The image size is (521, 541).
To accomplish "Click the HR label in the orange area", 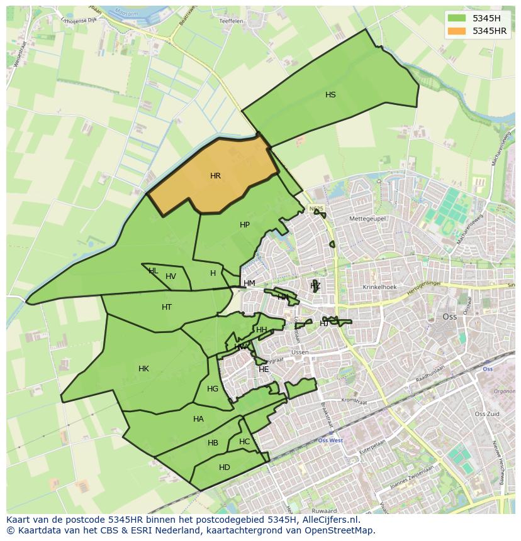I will click(215, 176).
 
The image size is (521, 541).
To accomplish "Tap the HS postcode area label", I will click(330, 95).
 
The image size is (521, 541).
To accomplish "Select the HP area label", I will click(245, 225).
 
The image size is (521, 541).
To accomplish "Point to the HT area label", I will click(167, 307).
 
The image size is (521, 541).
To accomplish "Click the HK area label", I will click(143, 369).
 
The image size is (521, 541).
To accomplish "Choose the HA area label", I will click(198, 419).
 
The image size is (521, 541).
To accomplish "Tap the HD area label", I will click(225, 467).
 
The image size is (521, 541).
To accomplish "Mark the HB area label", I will click(213, 443).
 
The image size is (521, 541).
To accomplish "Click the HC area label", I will click(244, 442).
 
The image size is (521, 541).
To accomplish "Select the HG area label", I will click(213, 389).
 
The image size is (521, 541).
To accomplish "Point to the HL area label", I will click(153, 271).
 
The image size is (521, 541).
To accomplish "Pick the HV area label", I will click(171, 276).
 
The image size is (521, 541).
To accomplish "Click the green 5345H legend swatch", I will click(457, 19).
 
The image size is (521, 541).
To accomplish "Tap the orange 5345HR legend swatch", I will click(457, 31).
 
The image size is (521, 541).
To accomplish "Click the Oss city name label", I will click(449, 317).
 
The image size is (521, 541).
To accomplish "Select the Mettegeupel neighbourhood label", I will click(367, 219).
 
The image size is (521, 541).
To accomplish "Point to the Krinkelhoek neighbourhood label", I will click(379, 287).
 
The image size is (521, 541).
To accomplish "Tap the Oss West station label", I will click(330, 440).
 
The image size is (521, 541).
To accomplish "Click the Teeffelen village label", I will click(231, 21).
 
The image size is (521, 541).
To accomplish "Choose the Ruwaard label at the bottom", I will click(323, 511).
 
